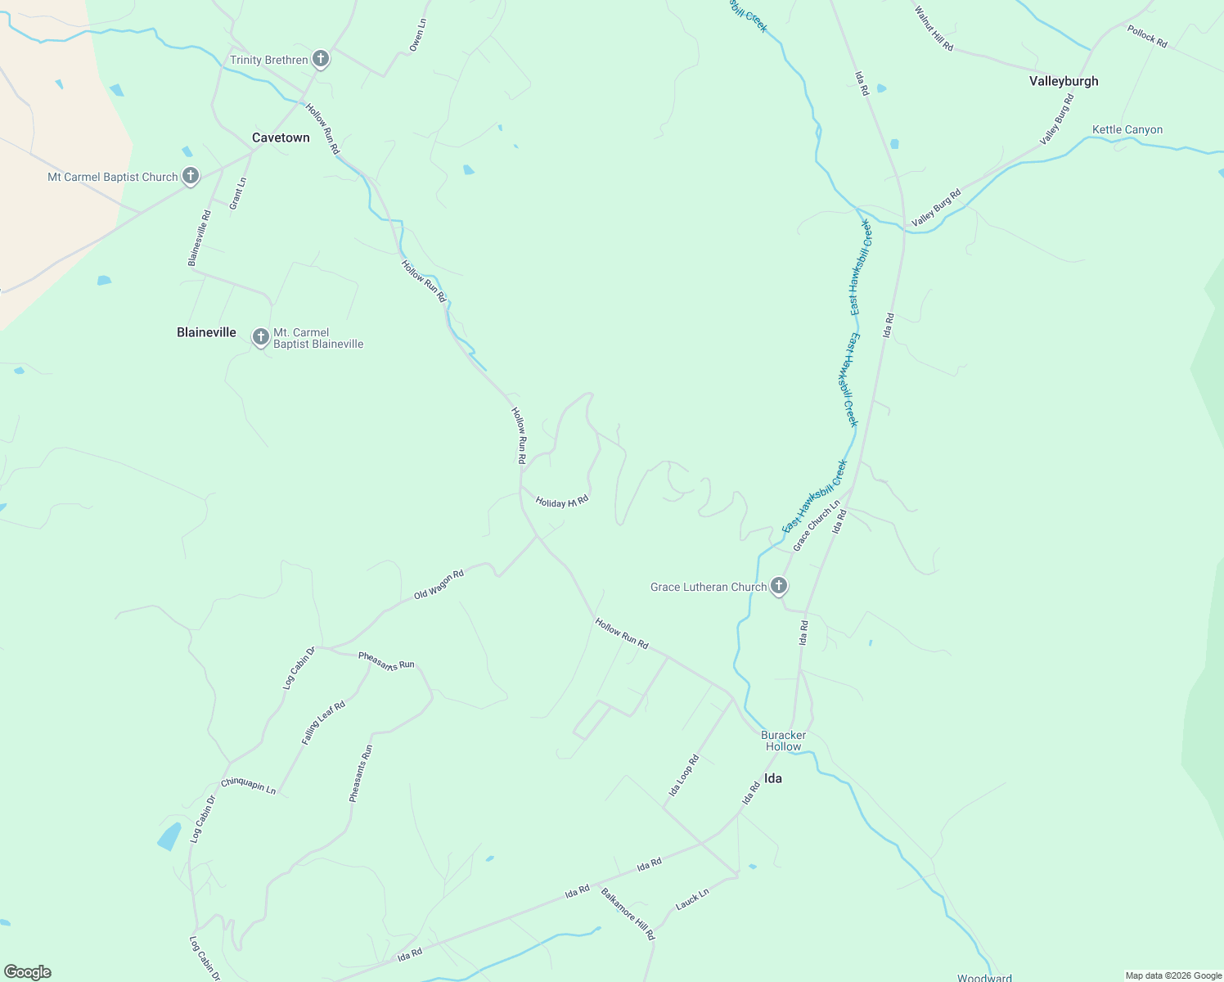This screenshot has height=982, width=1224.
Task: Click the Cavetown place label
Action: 281,137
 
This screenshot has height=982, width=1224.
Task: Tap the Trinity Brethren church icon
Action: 322,59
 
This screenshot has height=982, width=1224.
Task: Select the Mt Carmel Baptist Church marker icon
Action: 191,176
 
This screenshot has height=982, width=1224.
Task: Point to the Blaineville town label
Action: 206,332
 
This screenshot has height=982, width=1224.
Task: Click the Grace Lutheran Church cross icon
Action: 779,585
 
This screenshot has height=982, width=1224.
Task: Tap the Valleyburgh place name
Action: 1064,81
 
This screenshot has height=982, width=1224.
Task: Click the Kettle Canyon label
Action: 1127,129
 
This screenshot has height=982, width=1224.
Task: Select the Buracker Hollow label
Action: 783,741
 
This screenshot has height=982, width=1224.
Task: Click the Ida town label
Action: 772,778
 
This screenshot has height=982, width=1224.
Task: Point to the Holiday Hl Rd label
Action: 562,502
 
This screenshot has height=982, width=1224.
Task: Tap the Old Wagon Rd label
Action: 439,584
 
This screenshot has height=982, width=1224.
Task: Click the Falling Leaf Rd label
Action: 323,723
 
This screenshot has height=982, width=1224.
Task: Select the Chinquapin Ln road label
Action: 249,786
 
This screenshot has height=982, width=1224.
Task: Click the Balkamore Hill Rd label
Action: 628,913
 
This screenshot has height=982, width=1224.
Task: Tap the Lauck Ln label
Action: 692,899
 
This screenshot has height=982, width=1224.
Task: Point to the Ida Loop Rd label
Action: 685,776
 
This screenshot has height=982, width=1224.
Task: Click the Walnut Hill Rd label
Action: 934,29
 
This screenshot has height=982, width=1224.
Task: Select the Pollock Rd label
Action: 1147,37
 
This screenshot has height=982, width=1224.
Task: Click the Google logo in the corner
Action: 28,972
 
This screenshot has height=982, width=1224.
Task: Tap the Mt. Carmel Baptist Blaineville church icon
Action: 260,336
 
